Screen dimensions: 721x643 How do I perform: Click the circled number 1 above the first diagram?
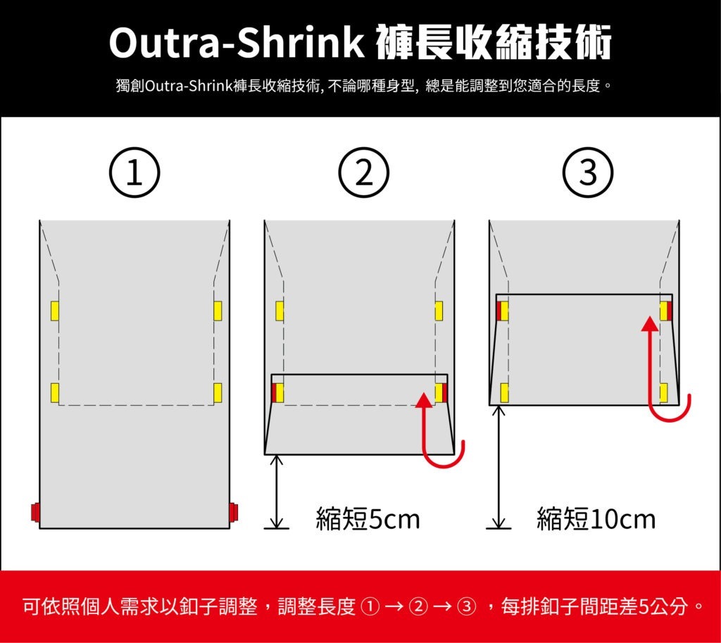coord(134,173)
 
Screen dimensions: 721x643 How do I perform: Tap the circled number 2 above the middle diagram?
coord(364,173)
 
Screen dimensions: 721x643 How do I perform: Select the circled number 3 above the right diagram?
coord(588,173)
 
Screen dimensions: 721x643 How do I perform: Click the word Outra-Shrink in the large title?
coord(237,43)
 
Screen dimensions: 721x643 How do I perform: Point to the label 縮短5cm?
coord(368,519)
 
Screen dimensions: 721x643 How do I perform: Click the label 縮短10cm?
coord(596,519)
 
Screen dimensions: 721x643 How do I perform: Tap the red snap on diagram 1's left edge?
coord(35,512)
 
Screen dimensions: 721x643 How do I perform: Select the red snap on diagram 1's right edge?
coord(234,512)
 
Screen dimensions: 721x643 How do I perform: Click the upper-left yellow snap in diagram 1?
coord(55,311)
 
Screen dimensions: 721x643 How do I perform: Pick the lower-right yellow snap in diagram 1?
coord(218,393)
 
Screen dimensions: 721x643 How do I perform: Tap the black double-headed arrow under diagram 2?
coord(276,492)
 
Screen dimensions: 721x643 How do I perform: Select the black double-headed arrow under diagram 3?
coord(499,467)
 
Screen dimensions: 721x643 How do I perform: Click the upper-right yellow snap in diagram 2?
coord(439,311)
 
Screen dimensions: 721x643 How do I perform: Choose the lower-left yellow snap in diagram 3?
coord(504,393)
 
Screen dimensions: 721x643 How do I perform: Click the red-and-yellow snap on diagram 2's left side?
coord(277,393)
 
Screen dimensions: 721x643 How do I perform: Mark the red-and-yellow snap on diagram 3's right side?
coord(666,311)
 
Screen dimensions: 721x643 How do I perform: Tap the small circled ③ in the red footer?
coord(466,607)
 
